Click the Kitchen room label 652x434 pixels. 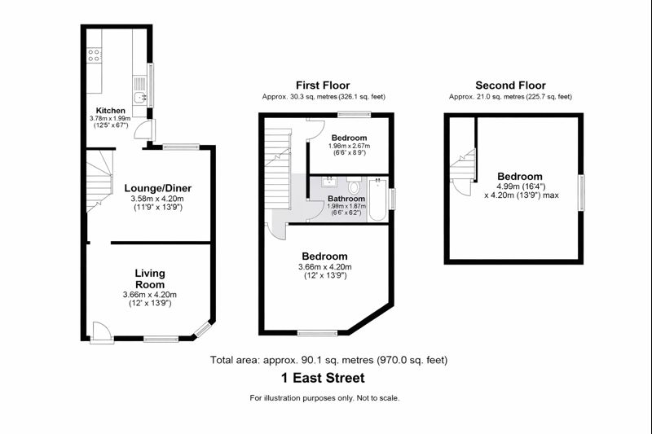click(x=111, y=111)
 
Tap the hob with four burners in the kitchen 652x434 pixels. click(x=94, y=55)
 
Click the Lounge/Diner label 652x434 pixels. click(x=158, y=188)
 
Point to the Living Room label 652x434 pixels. click(x=150, y=278)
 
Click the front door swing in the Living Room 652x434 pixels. click(x=101, y=332)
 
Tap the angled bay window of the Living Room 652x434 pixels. click(x=203, y=329)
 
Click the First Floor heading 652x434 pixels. click(x=323, y=85)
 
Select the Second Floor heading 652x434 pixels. click(x=510, y=85)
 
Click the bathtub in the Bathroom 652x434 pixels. click(x=377, y=199)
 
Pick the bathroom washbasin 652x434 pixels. click(x=329, y=182)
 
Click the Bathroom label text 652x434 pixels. click(x=346, y=199)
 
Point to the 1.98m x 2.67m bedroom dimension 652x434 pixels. click(x=349, y=146)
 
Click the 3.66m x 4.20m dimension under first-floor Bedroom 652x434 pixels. click(x=324, y=266)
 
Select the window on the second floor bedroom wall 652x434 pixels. click(x=581, y=193)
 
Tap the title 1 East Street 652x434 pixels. click(x=323, y=378)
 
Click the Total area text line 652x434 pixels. click(x=328, y=360)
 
